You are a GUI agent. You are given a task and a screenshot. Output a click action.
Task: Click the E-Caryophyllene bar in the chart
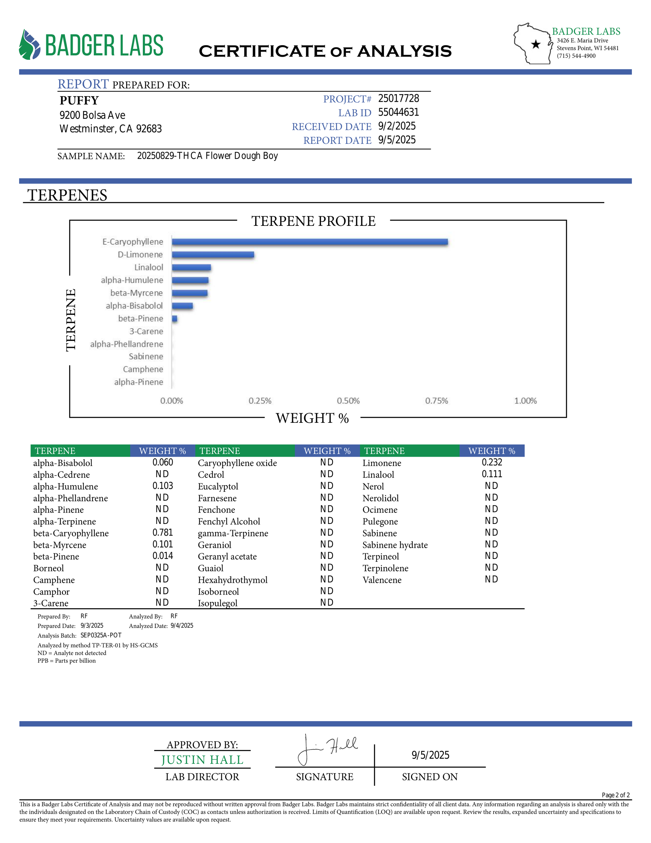[x=310, y=242]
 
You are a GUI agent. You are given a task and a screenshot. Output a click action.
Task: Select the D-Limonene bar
[x=213, y=255]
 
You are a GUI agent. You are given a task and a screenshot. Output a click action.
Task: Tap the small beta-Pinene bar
[x=175, y=319]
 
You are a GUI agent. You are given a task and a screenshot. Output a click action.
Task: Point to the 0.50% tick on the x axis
[x=348, y=401]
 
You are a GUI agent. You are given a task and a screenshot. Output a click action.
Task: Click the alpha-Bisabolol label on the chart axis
[x=134, y=306]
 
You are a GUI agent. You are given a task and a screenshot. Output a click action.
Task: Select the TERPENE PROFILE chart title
[x=313, y=221]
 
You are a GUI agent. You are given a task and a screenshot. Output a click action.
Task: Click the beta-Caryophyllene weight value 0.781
[x=163, y=533]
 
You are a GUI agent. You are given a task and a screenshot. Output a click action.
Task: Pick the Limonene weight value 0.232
[x=492, y=463]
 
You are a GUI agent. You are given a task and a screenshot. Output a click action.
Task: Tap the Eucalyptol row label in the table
[x=218, y=486]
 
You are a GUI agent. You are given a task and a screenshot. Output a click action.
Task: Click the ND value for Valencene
[x=491, y=579]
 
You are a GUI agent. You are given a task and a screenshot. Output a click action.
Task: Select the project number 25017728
[x=398, y=99]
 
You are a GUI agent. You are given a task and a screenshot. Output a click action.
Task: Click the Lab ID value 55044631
[x=398, y=112]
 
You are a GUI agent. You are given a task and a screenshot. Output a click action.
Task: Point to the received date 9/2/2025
[x=397, y=126]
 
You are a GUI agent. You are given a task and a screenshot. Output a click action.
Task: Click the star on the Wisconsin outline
[x=536, y=45]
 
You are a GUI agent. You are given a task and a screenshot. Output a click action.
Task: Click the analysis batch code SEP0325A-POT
[x=101, y=635]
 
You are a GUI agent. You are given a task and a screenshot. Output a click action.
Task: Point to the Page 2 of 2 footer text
[x=615, y=795]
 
